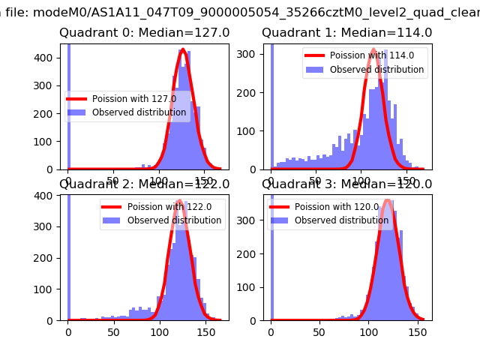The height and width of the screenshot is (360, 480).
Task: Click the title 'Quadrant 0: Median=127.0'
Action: tap(145, 33)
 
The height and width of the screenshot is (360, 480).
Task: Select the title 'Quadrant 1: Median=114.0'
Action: tap(346, 33)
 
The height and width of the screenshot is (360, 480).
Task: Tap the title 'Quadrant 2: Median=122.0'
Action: tap(145, 184)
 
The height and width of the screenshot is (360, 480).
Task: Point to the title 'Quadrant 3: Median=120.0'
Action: tap(346, 184)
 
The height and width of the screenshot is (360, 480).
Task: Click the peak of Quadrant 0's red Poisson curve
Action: tap(183, 50)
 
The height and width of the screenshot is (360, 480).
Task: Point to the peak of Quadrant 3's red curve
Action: tap(388, 200)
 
